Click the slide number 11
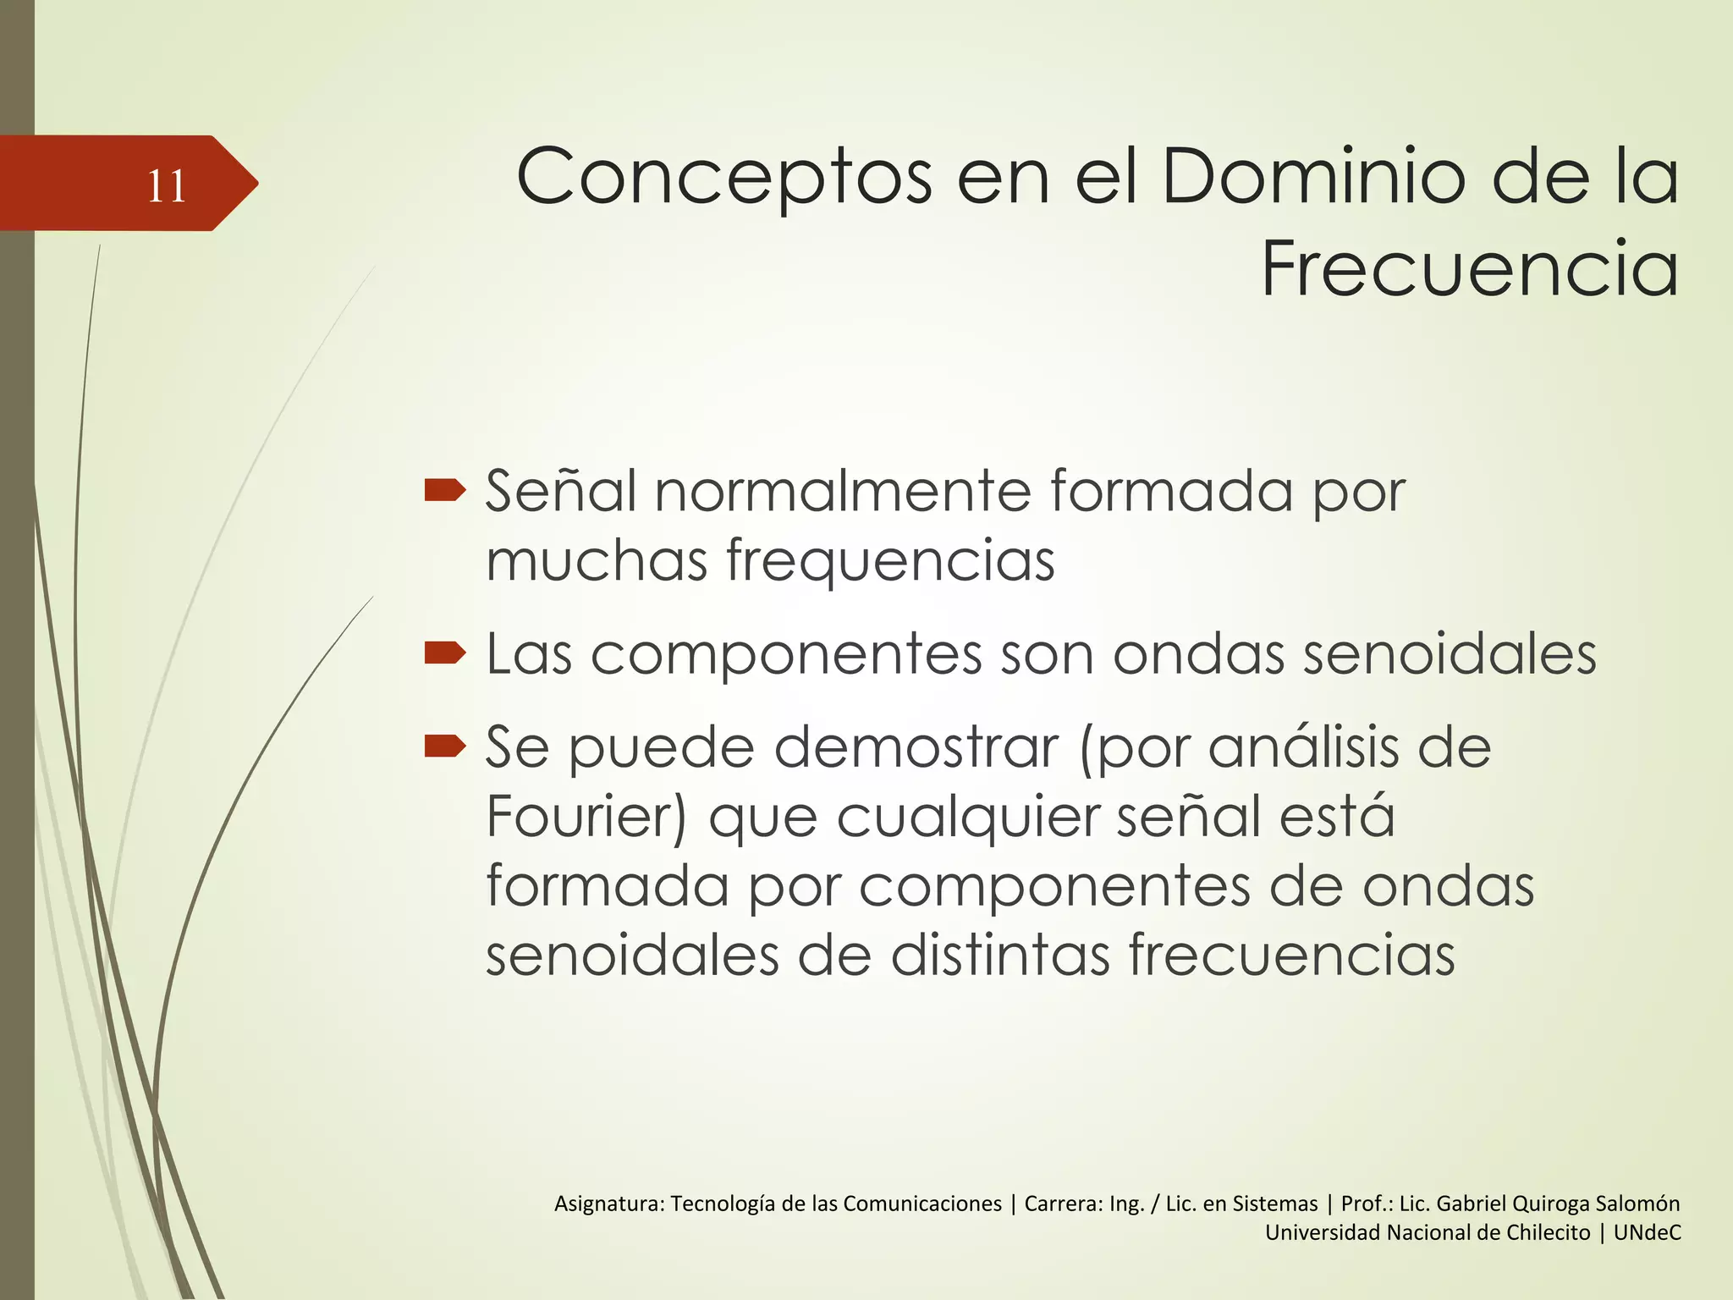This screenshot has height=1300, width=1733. (166, 185)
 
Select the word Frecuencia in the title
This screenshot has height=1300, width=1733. (1470, 270)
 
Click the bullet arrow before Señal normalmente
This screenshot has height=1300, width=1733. (445, 490)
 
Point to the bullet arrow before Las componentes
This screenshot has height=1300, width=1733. (445, 653)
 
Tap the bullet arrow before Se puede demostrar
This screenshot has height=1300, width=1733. (445, 746)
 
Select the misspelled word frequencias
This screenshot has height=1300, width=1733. (890, 562)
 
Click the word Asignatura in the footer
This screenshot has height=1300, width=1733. (608, 1204)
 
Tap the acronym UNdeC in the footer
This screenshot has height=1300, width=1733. (1647, 1233)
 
